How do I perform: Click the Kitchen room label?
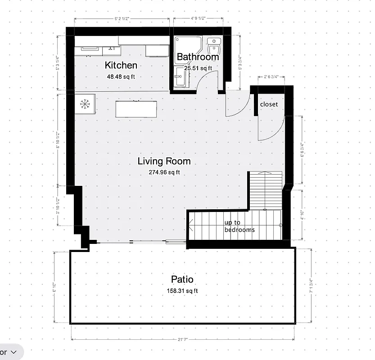[x=121, y=65]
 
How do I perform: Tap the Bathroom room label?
[x=198, y=57]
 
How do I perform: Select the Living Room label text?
[x=164, y=161]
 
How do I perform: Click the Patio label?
[x=182, y=280]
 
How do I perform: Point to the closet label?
[x=269, y=104]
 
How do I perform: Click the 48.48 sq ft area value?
[x=118, y=76]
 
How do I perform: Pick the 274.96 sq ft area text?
[x=164, y=172]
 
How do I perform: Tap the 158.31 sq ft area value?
[x=182, y=291]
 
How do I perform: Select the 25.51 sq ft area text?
[x=198, y=68]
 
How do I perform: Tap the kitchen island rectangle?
[x=137, y=109]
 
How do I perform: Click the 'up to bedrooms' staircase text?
[x=239, y=226]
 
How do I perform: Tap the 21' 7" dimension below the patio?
[x=182, y=339]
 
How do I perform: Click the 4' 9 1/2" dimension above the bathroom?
[x=198, y=19]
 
